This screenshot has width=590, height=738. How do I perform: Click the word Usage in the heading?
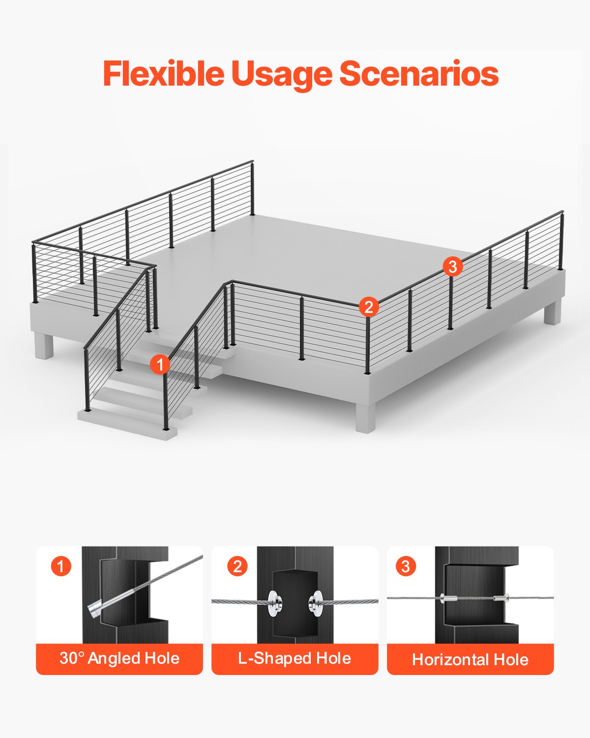(282, 75)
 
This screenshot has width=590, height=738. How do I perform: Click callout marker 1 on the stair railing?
(160, 365)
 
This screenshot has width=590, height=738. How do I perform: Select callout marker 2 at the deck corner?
(369, 307)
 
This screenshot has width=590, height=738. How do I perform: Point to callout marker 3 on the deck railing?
(452, 267)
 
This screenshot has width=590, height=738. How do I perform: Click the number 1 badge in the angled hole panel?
(61, 566)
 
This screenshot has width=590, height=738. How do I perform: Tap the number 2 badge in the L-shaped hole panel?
(237, 566)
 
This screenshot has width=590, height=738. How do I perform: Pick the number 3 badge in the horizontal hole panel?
(406, 566)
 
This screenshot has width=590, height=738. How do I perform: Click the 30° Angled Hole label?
(119, 658)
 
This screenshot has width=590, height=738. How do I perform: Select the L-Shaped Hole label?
(295, 658)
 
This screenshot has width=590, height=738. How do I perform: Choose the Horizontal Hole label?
(470, 659)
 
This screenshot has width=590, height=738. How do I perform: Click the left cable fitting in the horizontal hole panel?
(449, 599)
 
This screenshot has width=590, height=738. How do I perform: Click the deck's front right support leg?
(365, 418)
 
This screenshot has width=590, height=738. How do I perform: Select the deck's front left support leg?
(44, 346)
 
